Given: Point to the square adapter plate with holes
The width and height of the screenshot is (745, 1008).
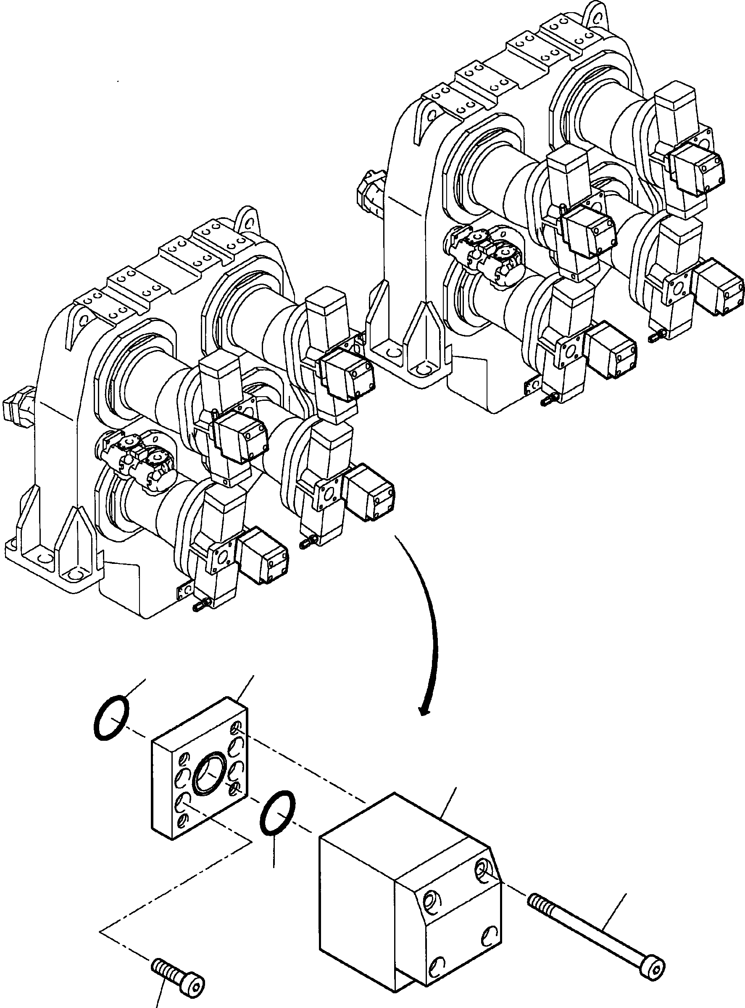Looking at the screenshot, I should click(198, 774).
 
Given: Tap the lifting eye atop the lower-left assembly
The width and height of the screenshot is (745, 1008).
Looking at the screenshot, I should click(247, 221).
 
